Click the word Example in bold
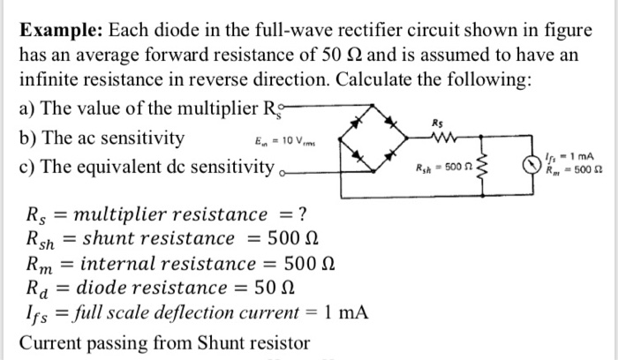(59, 30)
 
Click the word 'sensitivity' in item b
(141, 139)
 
